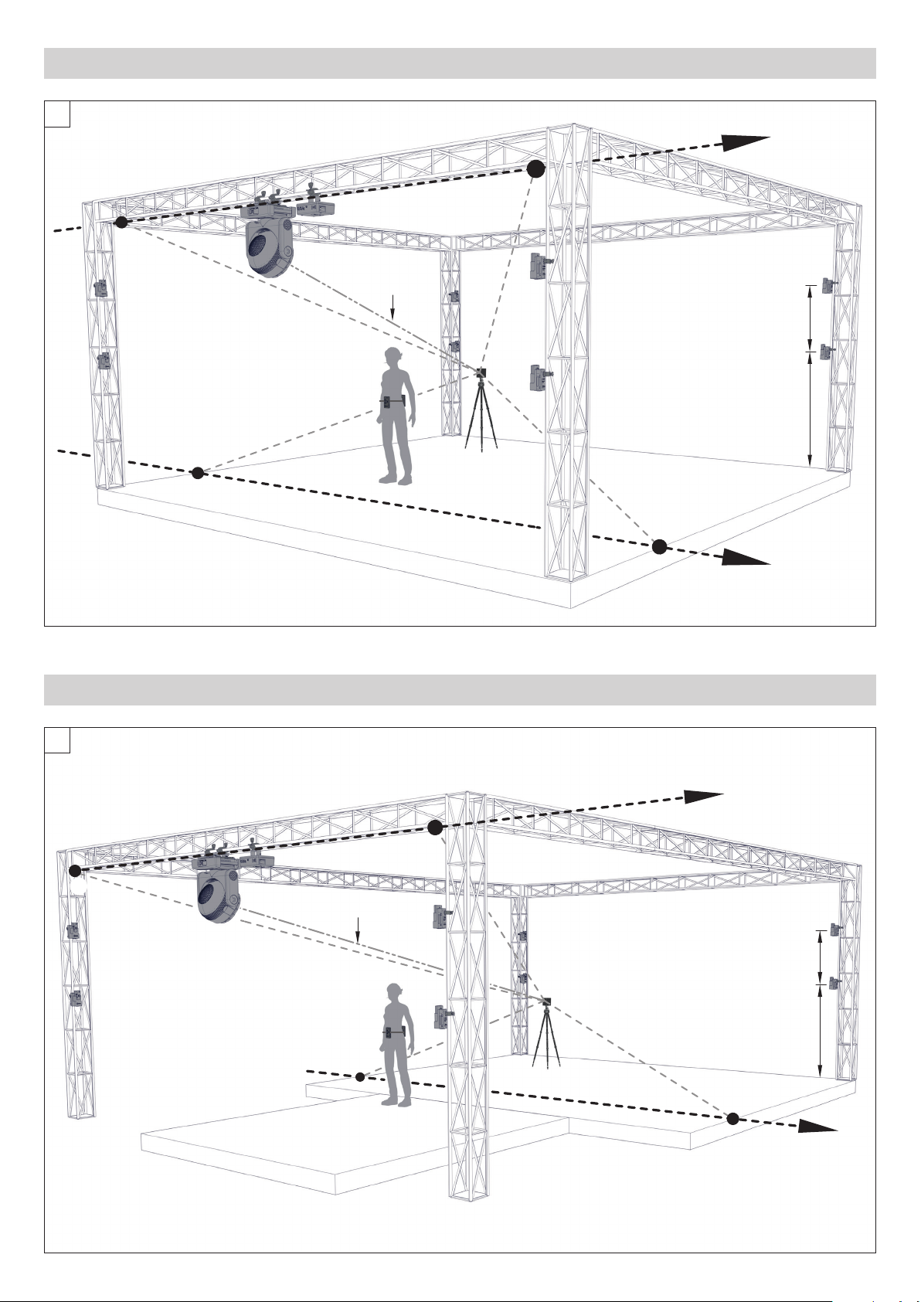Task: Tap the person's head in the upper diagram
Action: coord(394,357)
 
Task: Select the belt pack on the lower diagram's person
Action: coord(394,1034)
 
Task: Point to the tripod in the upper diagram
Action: coord(481,413)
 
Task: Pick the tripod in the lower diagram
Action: coord(547,1035)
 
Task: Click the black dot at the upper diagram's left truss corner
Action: coord(121,223)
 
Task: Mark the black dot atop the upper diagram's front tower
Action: coord(535,169)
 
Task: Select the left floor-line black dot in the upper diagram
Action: coord(198,472)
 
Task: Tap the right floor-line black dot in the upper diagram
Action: coord(659,547)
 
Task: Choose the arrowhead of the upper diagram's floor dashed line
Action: coord(746,558)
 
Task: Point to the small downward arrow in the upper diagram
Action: coord(393,307)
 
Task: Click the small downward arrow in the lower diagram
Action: coord(358,930)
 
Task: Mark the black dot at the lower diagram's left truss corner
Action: coord(75,871)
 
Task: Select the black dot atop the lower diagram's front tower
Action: coord(435,828)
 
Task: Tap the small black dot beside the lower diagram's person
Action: coord(360,1076)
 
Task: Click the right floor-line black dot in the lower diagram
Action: coord(732,1117)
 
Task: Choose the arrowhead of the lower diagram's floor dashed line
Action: coord(817,1127)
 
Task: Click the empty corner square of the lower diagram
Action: coord(57,740)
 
